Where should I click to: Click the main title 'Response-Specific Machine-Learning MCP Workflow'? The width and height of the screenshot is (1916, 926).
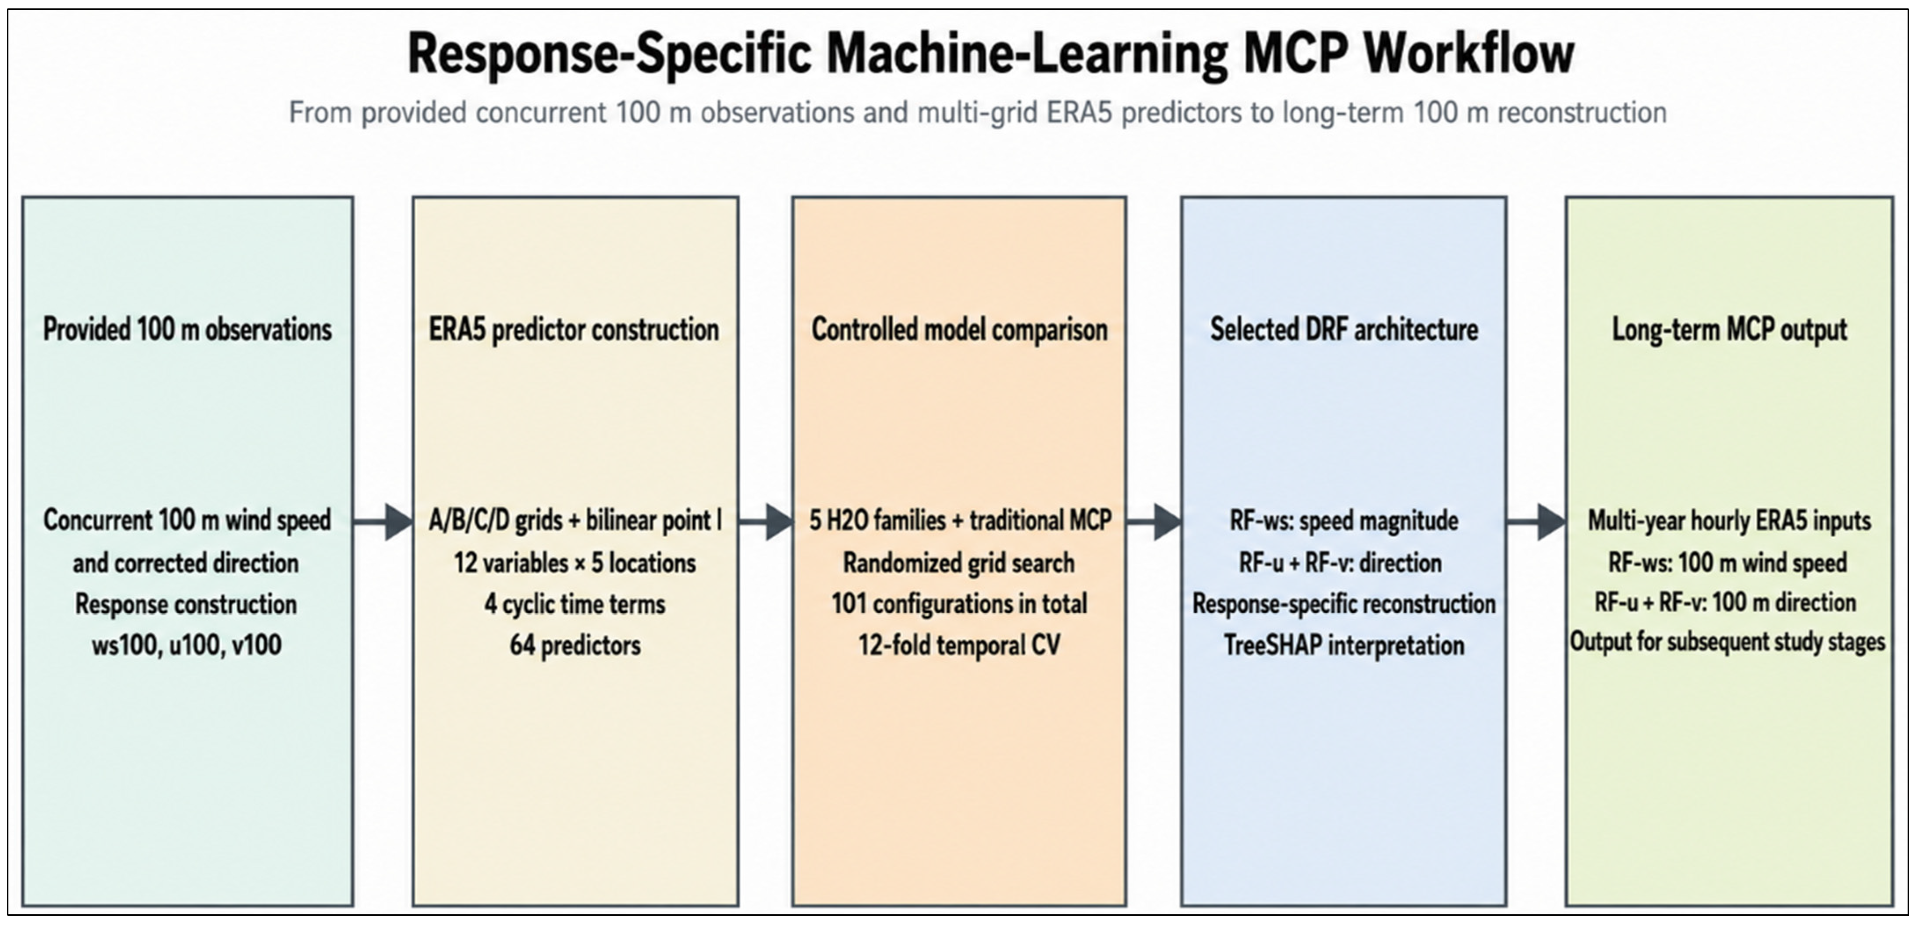pyautogui.click(x=991, y=54)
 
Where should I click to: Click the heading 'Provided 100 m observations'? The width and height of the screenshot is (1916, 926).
pyautogui.click(x=187, y=329)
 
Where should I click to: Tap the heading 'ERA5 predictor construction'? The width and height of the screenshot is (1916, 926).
pyautogui.click(x=574, y=329)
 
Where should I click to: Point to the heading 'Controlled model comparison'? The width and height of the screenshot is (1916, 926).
pyautogui.click(x=959, y=329)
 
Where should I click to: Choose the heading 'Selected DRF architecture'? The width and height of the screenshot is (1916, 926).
pyautogui.click(x=1344, y=329)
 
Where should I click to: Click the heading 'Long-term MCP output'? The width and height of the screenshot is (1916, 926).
pyautogui.click(x=1729, y=329)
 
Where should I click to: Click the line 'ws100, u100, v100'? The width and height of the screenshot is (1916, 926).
pyautogui.click(x=187, y=645)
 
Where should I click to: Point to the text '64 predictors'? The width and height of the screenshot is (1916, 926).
pyautogui.click(x=575, y=645)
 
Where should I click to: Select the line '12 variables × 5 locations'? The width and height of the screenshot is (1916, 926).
pyautogui.click(x=575, y=563)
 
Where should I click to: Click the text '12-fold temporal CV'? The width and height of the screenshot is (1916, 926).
pyautogui.click(x=959, y=645)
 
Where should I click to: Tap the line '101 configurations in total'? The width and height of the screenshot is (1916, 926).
pyautogui.click(x=959, y=603)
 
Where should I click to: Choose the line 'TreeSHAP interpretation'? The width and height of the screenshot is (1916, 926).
pyautogui.click(x=1344, y=645)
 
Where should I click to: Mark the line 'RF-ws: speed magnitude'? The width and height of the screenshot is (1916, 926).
pyautogui.click(x=1344, y=520)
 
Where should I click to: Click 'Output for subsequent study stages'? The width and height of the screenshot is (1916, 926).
pyautogui.click(x=1728, y=641)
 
